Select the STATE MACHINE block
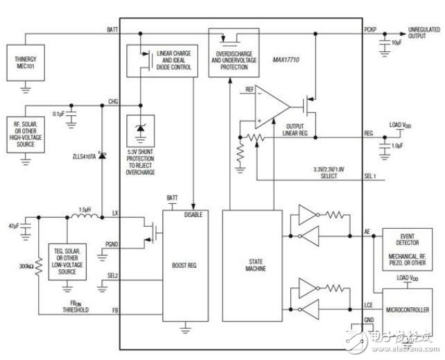coord(252,264)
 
